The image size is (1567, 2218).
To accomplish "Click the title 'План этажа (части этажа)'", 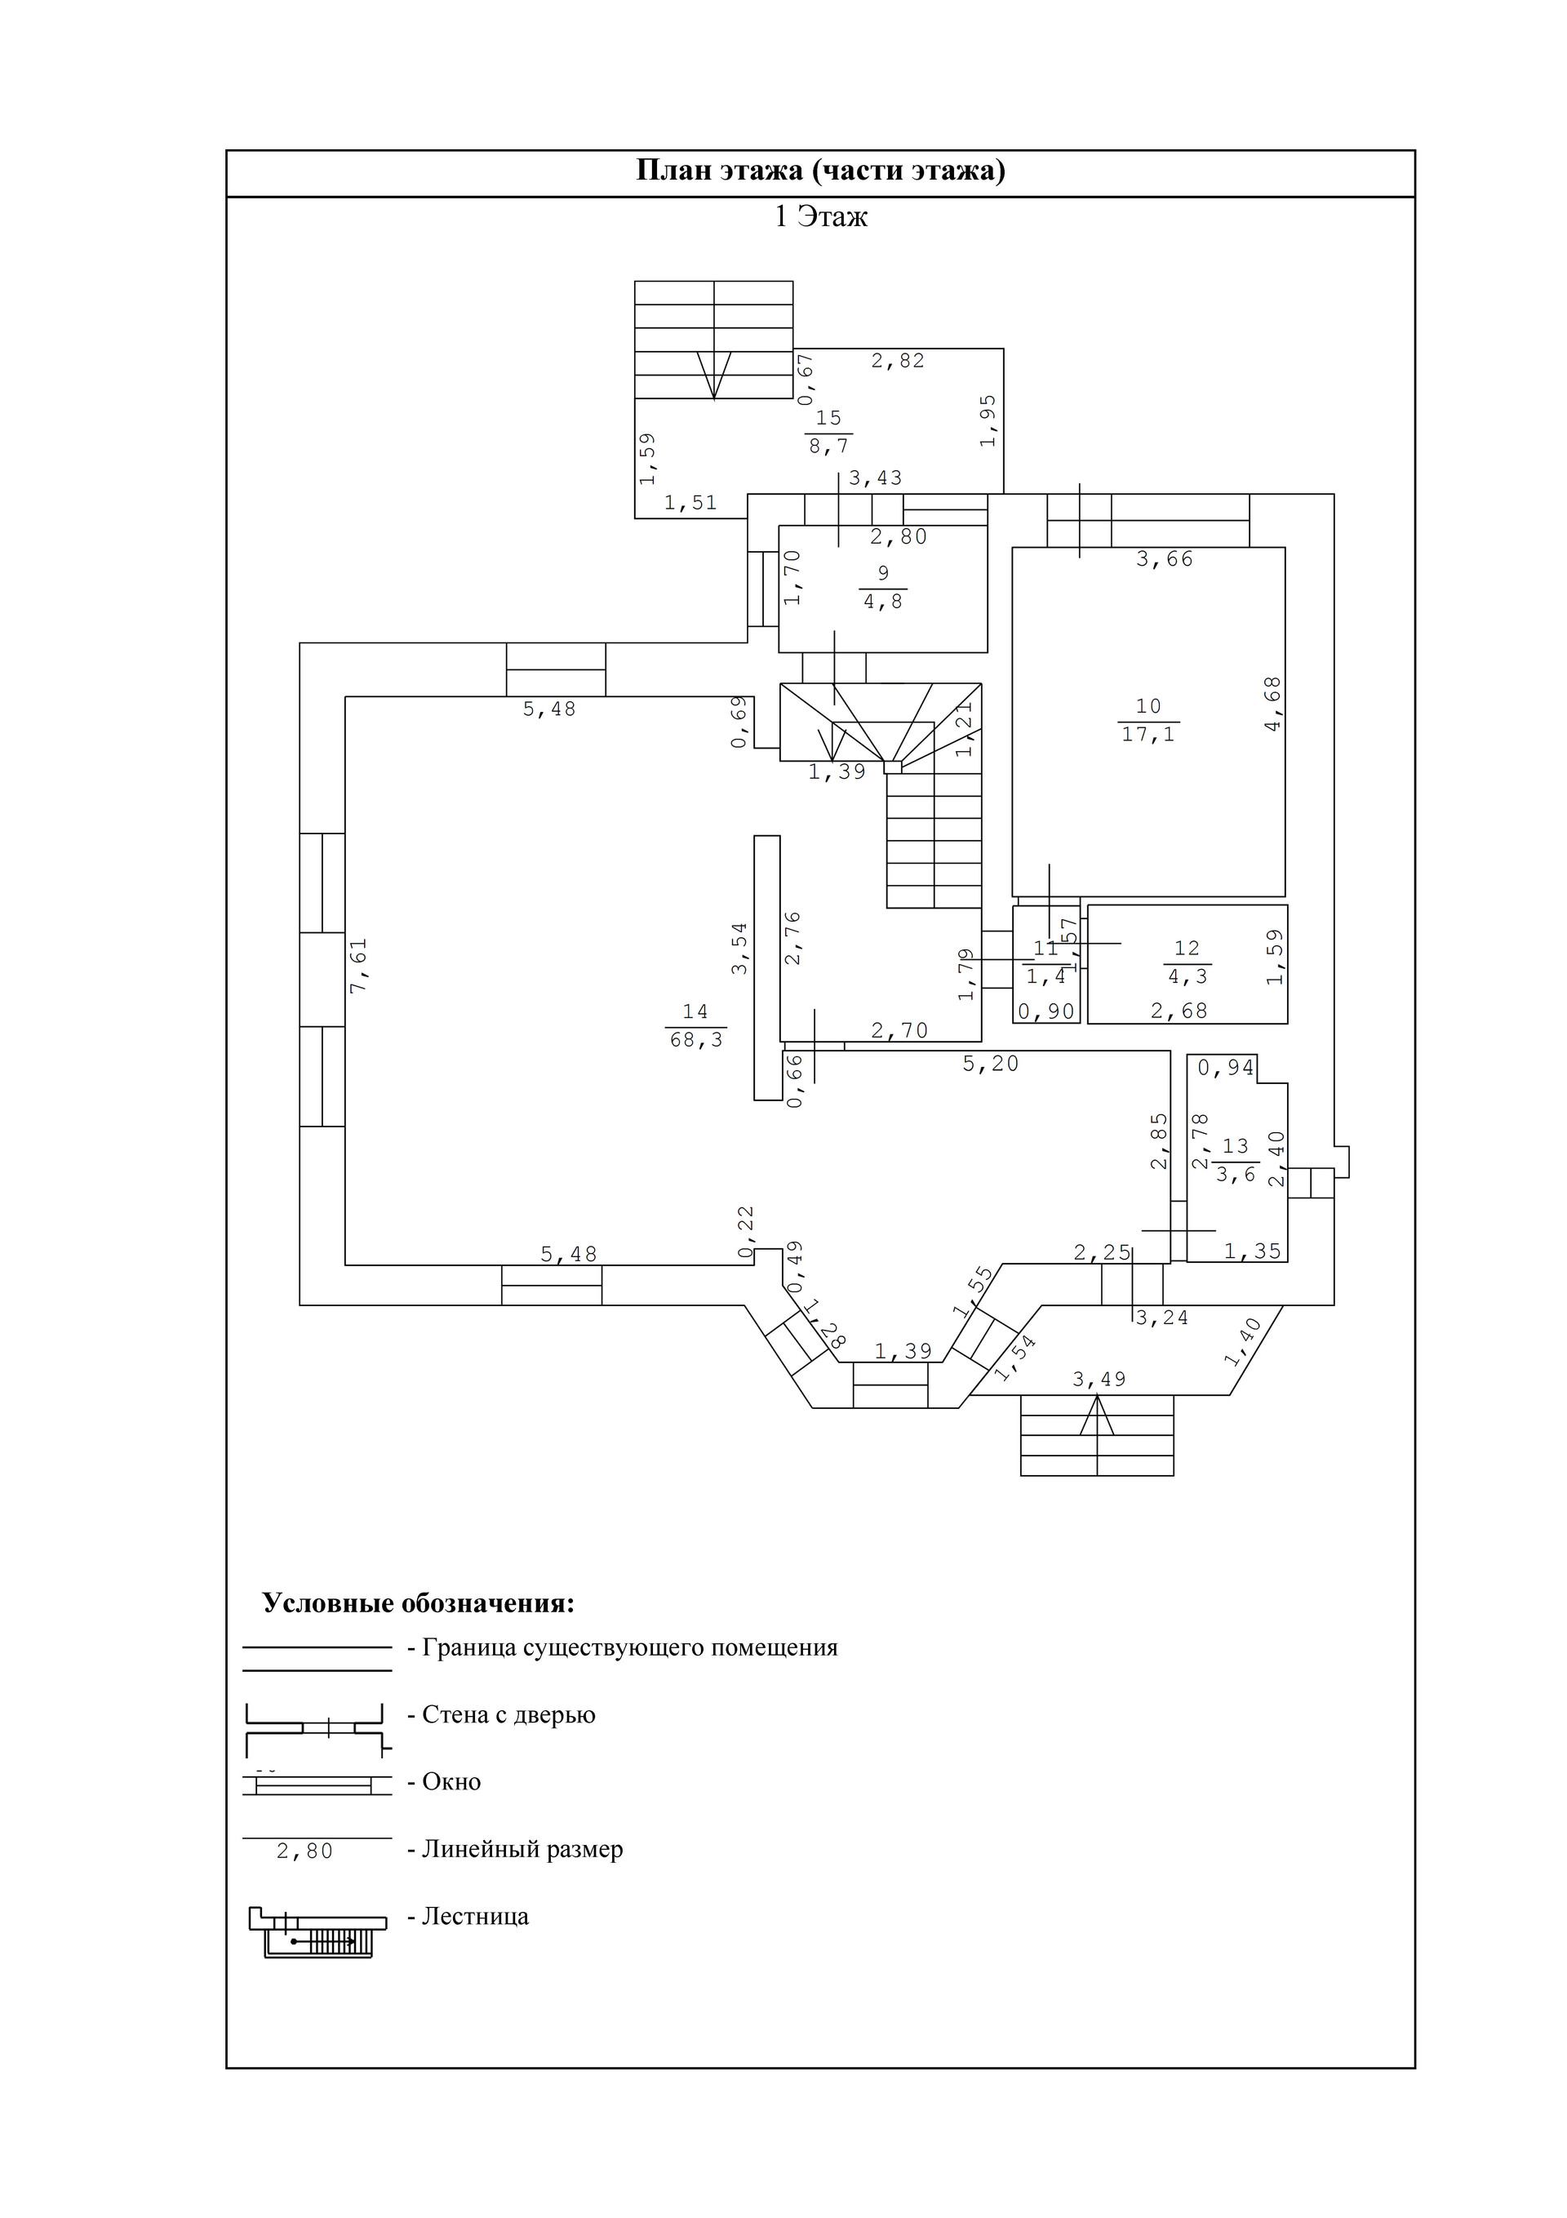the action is click(820, 171).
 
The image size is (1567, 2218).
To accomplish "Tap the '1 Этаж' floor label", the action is click(820, 216).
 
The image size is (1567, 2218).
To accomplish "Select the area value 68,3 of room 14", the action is click(696, 1040).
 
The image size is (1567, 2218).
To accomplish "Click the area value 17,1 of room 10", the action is click(1148, 734).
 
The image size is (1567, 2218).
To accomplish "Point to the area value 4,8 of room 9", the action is click(883, 602).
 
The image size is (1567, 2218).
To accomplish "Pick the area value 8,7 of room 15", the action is click(829, 447).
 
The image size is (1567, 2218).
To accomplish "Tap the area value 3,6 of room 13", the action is click(1236, 1175).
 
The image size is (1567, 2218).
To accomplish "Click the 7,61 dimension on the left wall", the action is click(358, 966).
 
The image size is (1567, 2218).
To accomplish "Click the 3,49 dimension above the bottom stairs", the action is click(1099, 1380).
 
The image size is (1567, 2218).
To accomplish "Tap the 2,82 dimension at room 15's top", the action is click(899, 360).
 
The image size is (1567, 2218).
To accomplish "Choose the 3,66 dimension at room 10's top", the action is click(1165, 558).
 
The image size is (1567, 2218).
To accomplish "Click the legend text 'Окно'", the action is click(451, 1782).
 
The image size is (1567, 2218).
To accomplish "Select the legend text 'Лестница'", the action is click(475, 1917).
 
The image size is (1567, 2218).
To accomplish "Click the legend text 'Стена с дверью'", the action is click(509, 1714).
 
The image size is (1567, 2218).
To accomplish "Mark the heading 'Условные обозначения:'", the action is click(419, 1603).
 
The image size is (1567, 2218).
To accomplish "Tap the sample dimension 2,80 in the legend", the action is click(305, 1851).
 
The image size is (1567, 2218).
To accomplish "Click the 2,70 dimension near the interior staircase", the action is click(899, 1031).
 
